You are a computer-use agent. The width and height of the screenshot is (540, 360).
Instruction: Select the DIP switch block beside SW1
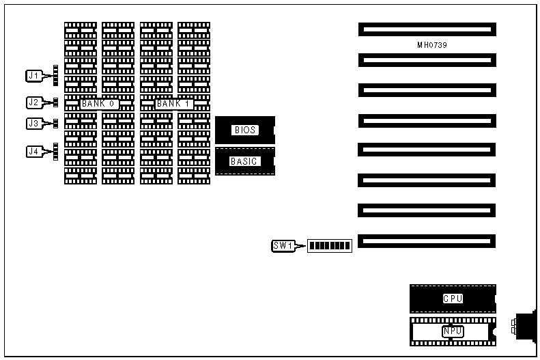tap(330, 246)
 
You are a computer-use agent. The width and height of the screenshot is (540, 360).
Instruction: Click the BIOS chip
tap(245, 130)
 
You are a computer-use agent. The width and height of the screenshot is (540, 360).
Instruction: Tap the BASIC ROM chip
tap(245, 161)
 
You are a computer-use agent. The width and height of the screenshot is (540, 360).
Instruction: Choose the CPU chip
tap(453, 299)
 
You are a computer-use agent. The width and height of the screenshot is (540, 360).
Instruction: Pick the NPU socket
tap(453, 331)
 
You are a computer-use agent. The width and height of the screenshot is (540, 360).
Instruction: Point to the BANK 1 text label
tap(174, 104)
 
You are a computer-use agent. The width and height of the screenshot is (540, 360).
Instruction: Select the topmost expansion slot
tap(427, 29)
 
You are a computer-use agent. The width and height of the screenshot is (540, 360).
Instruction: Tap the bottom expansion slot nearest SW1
tap(427, 241)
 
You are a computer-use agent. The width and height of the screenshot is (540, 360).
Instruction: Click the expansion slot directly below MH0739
tap(427, 60)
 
